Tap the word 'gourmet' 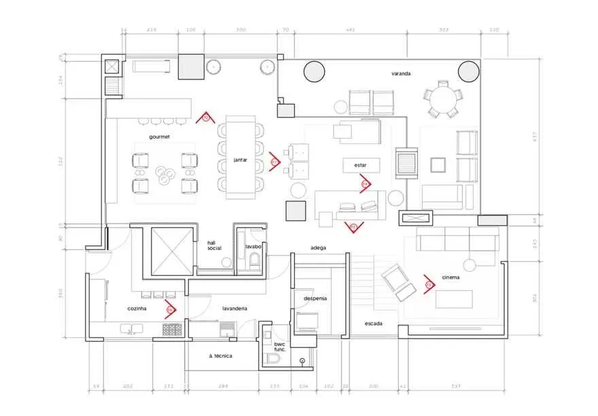click(160, 137)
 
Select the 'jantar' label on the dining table click(239, 160)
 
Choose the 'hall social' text click(215, 245)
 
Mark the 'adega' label click(318, 247)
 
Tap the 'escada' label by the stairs click(374, 323)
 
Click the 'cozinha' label click(137, 308)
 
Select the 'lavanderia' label click(234, 308)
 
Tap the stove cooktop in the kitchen click(172, 330)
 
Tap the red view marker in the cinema click(429, 284)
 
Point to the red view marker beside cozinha click(171, 311)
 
